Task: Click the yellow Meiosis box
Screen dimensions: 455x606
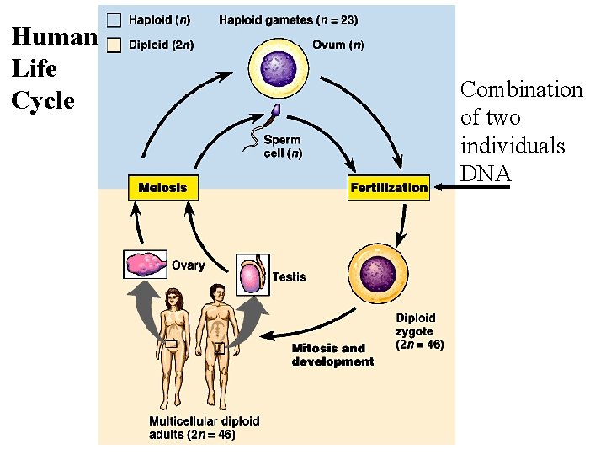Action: [162, 187]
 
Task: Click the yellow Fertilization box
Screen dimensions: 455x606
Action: [388, 187]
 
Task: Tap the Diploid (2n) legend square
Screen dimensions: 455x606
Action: [114, 45]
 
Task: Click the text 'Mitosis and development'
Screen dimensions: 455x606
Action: [332, 355]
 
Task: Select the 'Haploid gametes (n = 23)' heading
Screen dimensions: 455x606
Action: [289, 19]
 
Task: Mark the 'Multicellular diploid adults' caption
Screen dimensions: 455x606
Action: [204, 427]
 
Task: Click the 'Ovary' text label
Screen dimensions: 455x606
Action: [188, 265]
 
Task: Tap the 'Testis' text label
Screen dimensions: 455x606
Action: [289, 277]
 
